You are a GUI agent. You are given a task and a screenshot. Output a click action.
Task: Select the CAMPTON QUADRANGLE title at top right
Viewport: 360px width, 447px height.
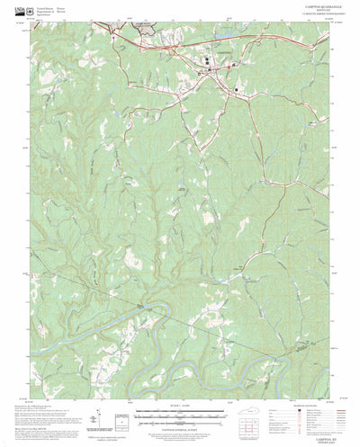pos(312,6)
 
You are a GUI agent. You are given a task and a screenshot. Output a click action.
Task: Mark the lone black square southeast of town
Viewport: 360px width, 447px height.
pos(237,90)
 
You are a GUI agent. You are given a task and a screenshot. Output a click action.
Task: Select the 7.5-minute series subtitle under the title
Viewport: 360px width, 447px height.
pos(312,15)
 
